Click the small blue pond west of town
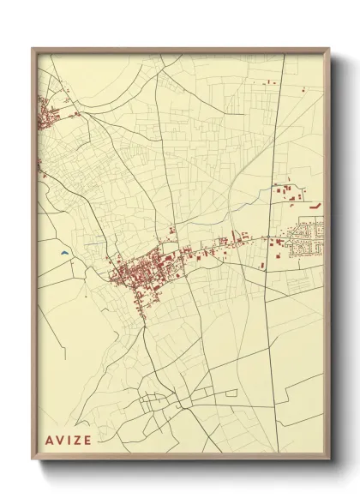pyautogui.click(x=65, y=254)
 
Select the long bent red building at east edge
pyautogui.click(x=315, y=207)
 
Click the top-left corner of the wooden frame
pyautogui.click(x=33, y=49)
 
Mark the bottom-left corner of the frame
pyautogui.click(x=33, y=460)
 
